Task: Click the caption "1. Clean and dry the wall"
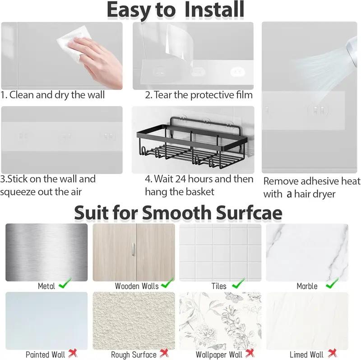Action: [x=53, y=95]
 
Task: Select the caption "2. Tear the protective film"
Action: [x=199, y=95]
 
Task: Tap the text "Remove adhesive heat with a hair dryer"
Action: [x=312, y=187]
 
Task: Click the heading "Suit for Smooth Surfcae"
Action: [x=178, y=212]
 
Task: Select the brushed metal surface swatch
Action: [x=46, y=252]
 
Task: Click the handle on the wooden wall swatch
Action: [x=132, y=251]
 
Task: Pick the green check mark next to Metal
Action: [x=66, y=285]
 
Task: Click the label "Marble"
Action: [x=307, y=286]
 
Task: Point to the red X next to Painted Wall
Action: [x=72, y=354]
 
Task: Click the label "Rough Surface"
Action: [x=134, y=355]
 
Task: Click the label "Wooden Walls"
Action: [x=137, y=286]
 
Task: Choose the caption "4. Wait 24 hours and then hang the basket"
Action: [x=199, y=185]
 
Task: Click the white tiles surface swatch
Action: [x=220, y=252]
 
